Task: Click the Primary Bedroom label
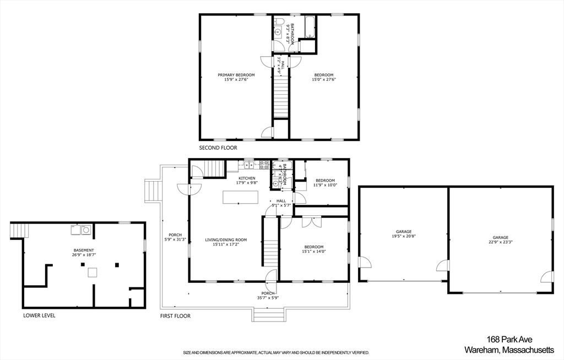236,75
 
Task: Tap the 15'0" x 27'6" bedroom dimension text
324,80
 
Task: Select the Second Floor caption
218,148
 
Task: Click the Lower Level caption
39,316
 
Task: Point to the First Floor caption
175,316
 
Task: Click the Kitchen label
247,178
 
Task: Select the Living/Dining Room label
226,240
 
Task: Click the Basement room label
84,250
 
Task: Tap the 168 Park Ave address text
509,340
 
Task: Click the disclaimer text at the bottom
276,353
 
